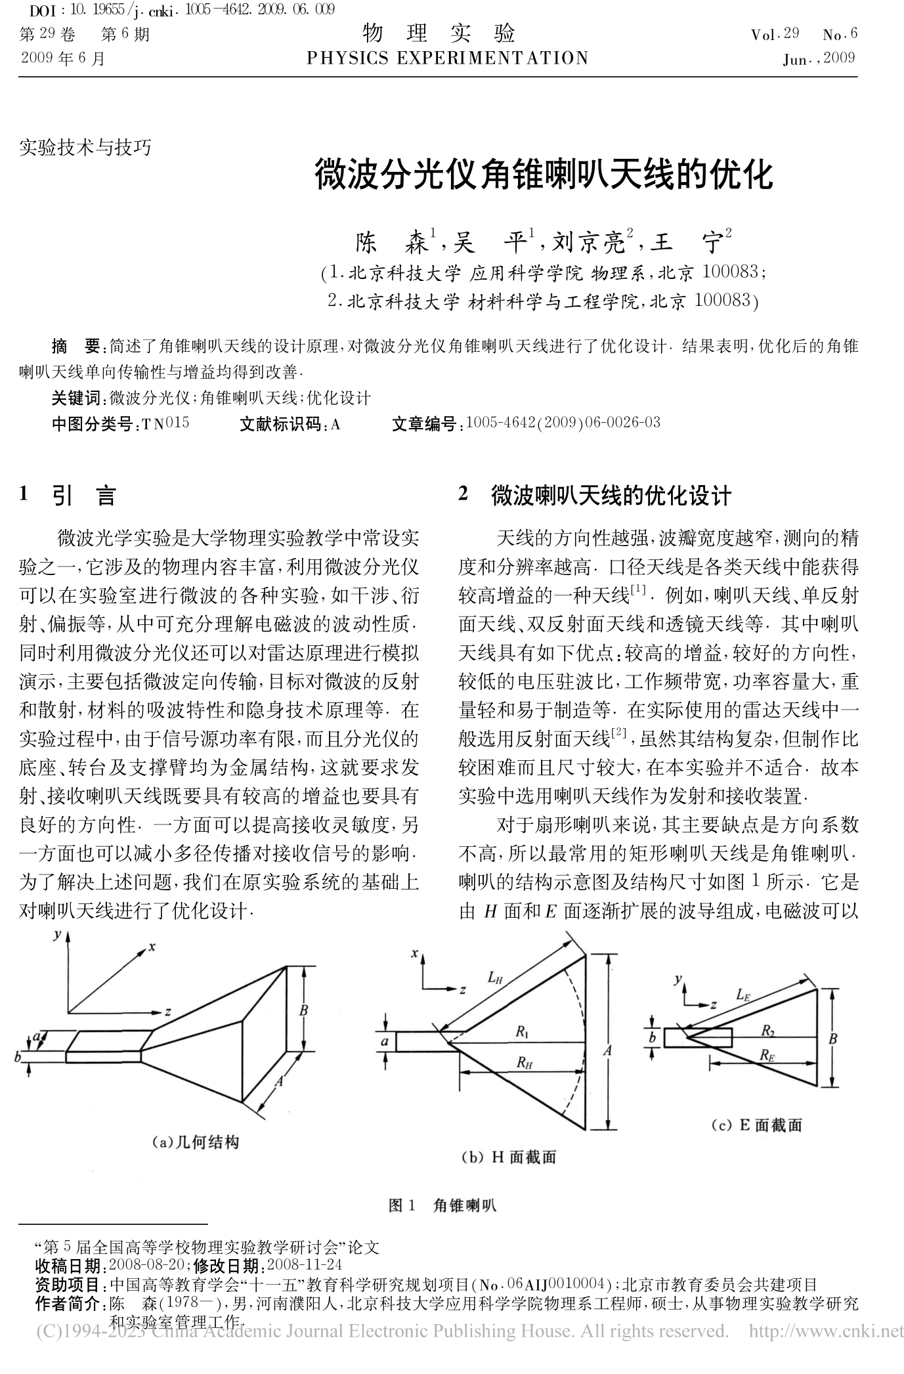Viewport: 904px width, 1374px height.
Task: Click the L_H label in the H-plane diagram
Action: tap(495, 977)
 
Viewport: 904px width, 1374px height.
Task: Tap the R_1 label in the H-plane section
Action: tap(522, 1031)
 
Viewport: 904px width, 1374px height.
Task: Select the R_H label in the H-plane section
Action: tap(523, 1062)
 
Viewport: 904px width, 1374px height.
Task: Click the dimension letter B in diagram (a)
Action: tap(303, 1010)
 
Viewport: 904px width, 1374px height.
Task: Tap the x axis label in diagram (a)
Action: tap(152, 947)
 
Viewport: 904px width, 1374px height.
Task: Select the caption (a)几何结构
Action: tap(195, 1142)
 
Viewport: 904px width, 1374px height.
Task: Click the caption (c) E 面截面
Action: tap(756, 1125)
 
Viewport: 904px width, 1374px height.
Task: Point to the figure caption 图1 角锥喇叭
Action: tap(442, 1205)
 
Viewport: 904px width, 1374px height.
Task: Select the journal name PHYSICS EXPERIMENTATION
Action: tap(448, 58)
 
